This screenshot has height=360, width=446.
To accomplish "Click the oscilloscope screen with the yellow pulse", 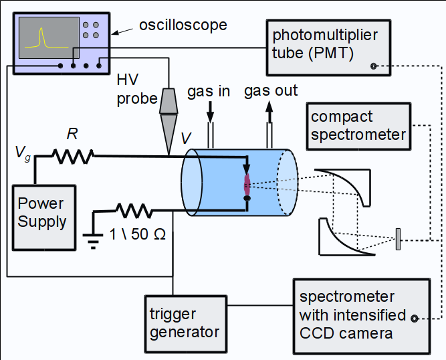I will point(45,37).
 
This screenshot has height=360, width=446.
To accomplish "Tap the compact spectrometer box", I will point(358,125).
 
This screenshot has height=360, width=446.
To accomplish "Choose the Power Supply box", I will point(42,212).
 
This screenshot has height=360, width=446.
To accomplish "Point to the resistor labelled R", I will point(72,156).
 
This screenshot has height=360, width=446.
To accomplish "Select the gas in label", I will point(208,90).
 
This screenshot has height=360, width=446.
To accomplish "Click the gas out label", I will point(270,90).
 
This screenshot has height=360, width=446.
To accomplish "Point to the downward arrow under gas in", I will point(211,111).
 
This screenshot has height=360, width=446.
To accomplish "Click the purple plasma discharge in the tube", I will point(247,182).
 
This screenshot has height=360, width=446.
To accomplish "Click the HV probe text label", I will point(134,89).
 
